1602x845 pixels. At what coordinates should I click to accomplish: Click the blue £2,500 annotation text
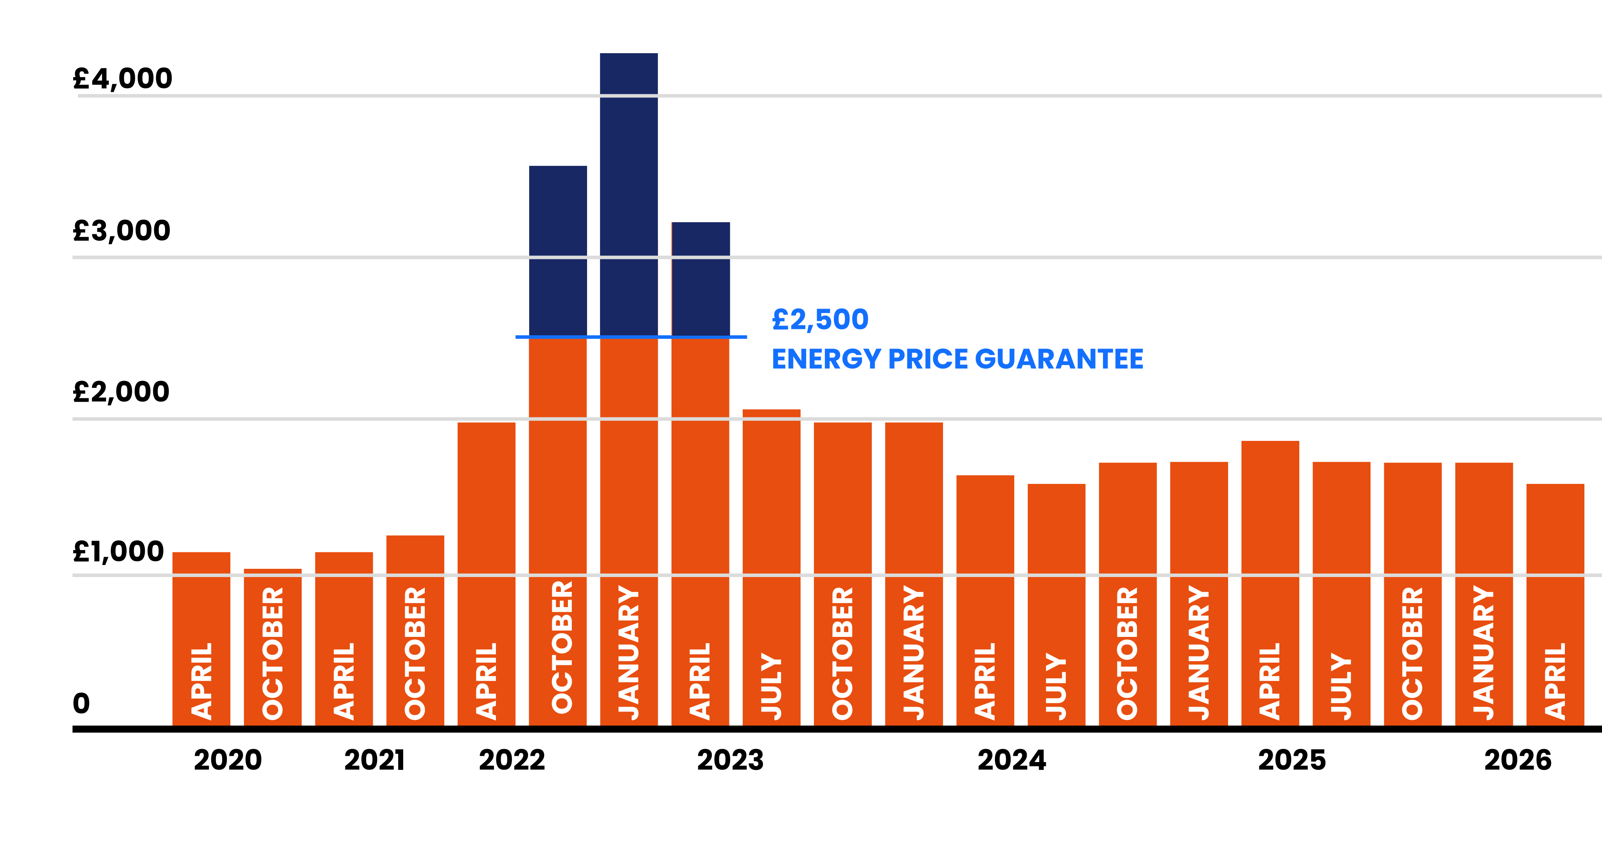(820, 320)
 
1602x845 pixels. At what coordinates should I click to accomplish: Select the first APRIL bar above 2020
(201, 641)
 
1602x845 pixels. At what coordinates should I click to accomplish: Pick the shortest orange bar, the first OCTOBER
(272, 647)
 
